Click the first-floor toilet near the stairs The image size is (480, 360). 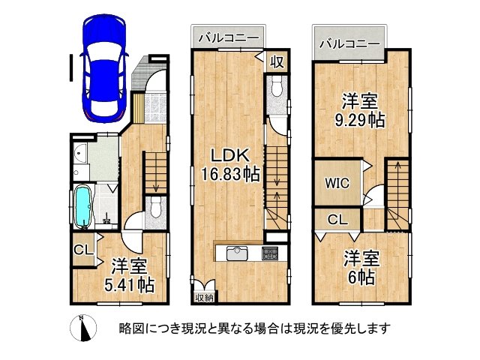tap(156, 207)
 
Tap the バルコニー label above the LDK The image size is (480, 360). tap(228, 37)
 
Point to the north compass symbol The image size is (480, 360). tap(83, 328)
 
